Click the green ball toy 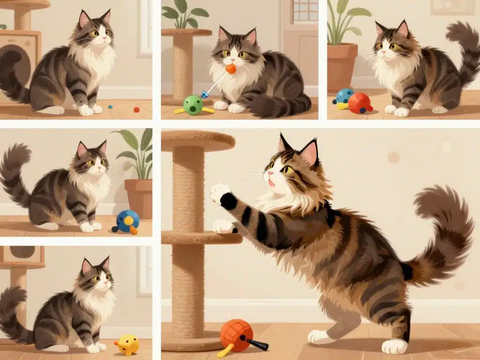click(193, 105)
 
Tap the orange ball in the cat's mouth click(231, 69)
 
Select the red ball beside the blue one click(360, 103)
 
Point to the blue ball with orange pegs click(127, 221)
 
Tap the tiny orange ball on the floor click(136, 110)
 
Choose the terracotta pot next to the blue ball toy click(139, 197)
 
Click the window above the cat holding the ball click(305, 10)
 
